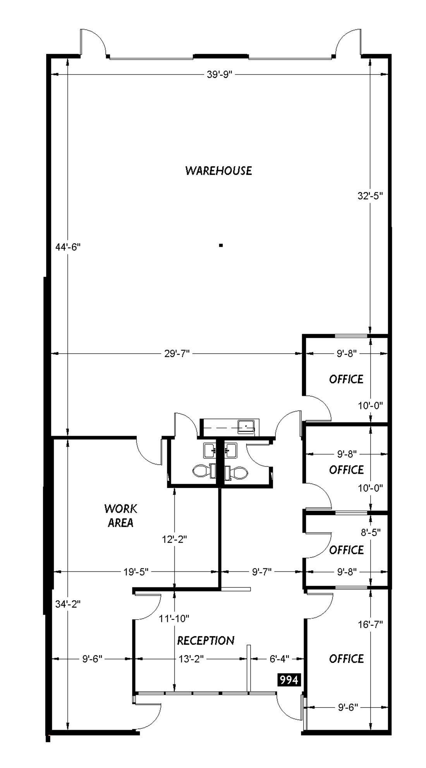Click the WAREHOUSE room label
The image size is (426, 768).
point(218,171)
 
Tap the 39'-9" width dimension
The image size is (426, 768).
point(219,74)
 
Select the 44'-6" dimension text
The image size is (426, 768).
point(68,247)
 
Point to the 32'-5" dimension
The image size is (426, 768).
point(370,196)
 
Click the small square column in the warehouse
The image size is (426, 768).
point(221,245)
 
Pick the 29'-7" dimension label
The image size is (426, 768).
point(177,354)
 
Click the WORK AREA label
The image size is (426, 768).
point(120,516)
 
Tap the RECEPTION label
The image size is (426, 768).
point(206,640)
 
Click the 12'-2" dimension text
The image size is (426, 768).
point(174,539)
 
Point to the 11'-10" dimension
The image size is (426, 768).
point(174,618)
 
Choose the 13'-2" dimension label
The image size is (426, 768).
point(191,659)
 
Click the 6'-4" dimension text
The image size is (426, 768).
point(279,659)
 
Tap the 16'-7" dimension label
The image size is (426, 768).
point(370,624)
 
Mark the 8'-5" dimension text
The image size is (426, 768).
point(370,532)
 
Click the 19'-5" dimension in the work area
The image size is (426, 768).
point(136,572)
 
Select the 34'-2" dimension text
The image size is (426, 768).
point(68,604)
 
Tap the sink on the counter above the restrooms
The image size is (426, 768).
point(246,426)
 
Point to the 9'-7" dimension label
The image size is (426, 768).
point(262,572)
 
